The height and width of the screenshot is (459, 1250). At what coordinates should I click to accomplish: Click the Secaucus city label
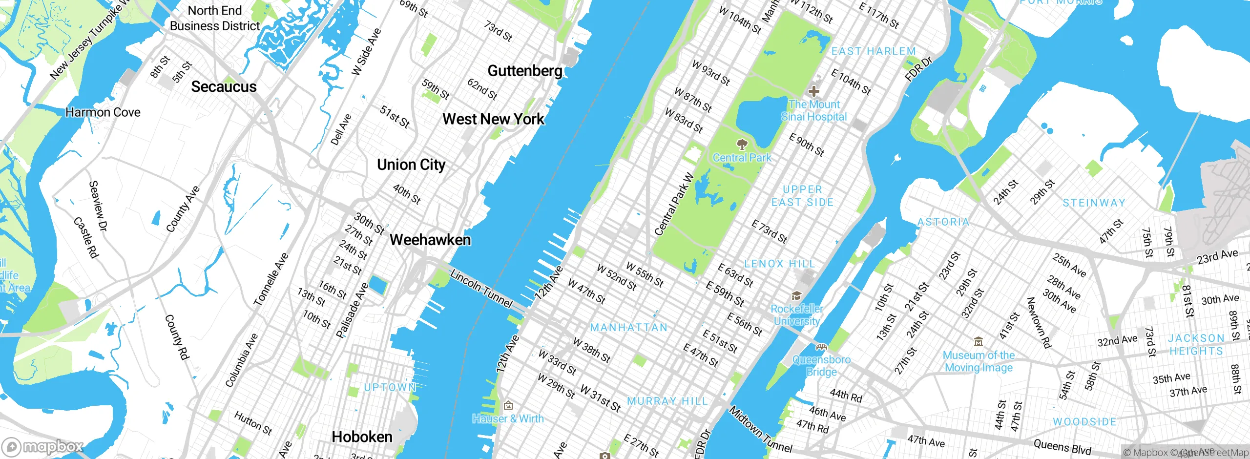[224, 87]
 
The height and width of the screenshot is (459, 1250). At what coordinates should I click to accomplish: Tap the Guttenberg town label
[525, 71]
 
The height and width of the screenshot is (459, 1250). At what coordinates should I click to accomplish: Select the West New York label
[493, 119]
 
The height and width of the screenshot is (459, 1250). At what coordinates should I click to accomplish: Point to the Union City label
[411, 165]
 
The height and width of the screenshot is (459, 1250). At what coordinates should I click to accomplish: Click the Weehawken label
[430, 240]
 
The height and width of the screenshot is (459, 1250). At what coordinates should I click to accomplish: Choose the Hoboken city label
[362, 437]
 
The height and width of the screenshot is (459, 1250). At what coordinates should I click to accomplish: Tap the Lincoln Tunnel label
[481, 289]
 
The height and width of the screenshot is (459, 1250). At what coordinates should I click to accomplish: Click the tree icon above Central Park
[742, 144]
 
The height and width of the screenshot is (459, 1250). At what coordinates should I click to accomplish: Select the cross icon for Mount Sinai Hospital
[813, 91]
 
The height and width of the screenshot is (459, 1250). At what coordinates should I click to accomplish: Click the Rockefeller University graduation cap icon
[796, 295]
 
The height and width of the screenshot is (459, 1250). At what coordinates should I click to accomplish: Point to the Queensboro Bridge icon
[821, 347]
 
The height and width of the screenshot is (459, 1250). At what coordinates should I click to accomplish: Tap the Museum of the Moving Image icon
[978, 341]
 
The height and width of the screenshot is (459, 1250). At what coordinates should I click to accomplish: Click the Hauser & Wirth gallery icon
[508, 405]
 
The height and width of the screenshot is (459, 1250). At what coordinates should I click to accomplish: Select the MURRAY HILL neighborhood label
[667, 401]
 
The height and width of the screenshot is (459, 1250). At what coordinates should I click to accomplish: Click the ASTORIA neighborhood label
[943, 222]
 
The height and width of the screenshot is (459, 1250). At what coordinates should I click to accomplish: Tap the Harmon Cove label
[103, 112]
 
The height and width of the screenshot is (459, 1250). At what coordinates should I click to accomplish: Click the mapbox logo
[43, 446]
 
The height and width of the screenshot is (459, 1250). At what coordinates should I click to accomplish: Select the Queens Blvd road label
[1062, 446]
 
